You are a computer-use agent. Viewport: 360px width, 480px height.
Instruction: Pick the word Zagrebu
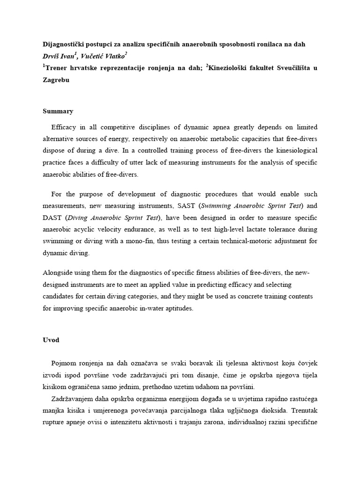point(58,80)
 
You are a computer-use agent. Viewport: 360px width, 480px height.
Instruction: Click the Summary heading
point(58,111)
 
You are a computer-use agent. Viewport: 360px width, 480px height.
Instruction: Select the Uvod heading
point(51,340)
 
